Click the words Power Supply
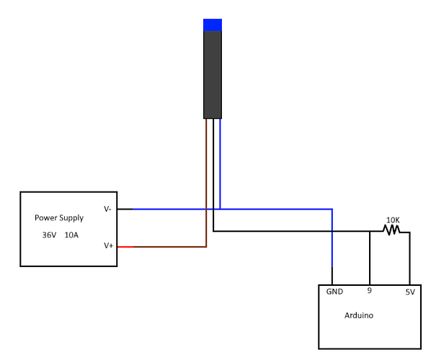point(59,217)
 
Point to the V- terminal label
point(107,210)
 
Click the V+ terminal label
point(108,246)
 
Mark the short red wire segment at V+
point(125,247)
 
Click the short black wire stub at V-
point(124,210)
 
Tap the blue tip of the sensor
point(212,25)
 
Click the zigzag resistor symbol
point(391,231)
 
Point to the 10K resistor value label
point(392,220)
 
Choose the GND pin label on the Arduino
point(334,292)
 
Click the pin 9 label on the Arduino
point(369,292)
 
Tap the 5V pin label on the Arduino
point(409,292)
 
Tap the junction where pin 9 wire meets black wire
point(369,232)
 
